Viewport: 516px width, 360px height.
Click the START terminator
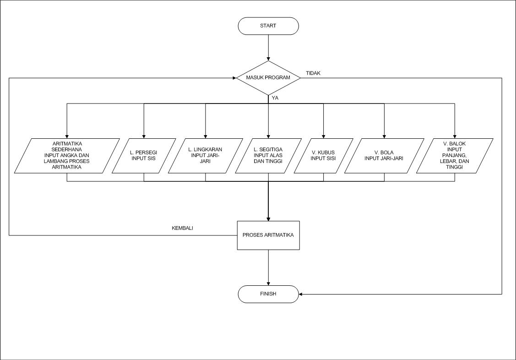pyautogui.click(x=268, y=26)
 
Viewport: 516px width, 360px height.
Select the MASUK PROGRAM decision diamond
pyautogui.click(x=268, y=77)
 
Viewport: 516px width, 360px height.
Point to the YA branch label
pyautogui.click(x=275, y=98)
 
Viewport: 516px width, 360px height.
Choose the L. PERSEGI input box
pyautogui.click(x=144, y=156)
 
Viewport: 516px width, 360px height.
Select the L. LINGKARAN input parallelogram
pyautogui.click(x=205, y=156)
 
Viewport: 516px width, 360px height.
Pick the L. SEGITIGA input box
pyautogui.click(x=268, y=156)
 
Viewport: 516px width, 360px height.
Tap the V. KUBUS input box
pyautogui.click(x=323, y=156)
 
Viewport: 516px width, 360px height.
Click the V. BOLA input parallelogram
pyautogui.click(x=384, y=156)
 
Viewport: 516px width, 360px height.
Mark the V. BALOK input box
pyautogui.click(x=455, y=156)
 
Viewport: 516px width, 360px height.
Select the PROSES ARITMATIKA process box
pyautogui.click(x=268, y=235)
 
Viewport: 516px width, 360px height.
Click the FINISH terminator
pyautogui.click(x=268, y=294)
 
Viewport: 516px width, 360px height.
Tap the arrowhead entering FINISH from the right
pyautogui.click(x=301, y=294)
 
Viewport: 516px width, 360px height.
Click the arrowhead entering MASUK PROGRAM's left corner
pyautogui.click(x=233, y=77)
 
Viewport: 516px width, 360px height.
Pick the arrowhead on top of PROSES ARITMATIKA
pyautogui.click(x=268, y=218)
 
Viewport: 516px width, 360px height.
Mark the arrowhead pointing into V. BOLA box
pyautogui.click(x=384, y=136)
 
